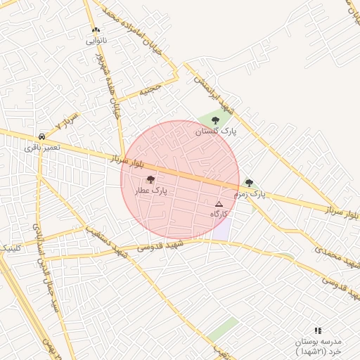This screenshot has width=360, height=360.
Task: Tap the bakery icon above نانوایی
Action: click(x=96, y=30)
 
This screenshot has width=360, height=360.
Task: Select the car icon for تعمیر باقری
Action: click(x=42, y=136)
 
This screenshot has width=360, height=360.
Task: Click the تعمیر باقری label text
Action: click(x=42, y=148)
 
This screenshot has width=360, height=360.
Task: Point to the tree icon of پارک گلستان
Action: click(x=215, y=120)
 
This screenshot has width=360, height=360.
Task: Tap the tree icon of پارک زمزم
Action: click(x=249, y=183)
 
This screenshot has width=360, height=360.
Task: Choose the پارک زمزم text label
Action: click(x=250, y=193)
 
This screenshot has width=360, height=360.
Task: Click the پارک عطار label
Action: click(x=151, y=191)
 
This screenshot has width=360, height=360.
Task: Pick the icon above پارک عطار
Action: click(x=150, y=180)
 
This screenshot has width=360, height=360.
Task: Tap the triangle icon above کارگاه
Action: click(x=218, y=204)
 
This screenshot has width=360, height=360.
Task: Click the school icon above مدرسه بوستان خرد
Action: click(x=318, y=330)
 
